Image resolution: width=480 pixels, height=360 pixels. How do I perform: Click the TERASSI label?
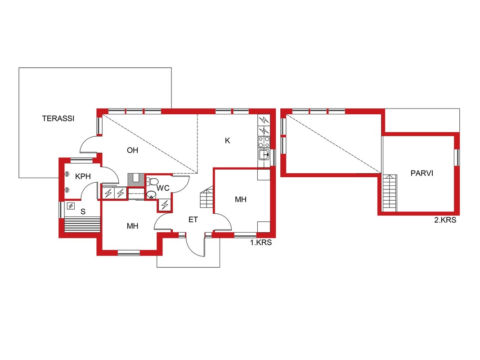click(x=58, y=118)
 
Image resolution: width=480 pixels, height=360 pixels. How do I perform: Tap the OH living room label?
click(x=133, y=150)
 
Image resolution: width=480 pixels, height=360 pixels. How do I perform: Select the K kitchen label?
click(x=228, y=140)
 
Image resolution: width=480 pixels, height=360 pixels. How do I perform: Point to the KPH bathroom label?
click(x=83, y=176)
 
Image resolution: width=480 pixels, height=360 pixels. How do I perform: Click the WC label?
click(x=163, y=188)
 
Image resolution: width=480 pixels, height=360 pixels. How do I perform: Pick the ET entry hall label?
click(x=193, y=220)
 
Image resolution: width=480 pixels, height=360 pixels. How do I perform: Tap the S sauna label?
click(x=83, y=211)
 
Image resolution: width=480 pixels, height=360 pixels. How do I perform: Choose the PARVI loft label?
click(x=422, y=173)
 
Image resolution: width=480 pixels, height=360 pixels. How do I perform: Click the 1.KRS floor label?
click(x=261, y=243)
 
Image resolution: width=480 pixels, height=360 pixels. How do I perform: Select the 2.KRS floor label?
click(x=445, y=220)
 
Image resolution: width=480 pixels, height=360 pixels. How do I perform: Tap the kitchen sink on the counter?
click(x=264, y=155)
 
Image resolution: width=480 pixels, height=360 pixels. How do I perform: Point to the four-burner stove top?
click(x=264, y=142)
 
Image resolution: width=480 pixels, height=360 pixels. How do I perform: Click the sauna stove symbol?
click(x=71, y=206)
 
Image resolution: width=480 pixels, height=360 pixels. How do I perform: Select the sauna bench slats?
click(x=82, y=225)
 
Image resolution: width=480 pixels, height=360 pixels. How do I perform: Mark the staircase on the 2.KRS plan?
click(x=390, y=193)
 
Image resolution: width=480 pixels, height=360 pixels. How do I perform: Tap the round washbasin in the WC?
click(x=151, y=195)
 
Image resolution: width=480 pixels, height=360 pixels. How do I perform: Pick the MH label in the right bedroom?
click(x=241, y=200)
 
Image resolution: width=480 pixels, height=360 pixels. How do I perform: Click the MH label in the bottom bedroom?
click(x=133, y=226)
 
